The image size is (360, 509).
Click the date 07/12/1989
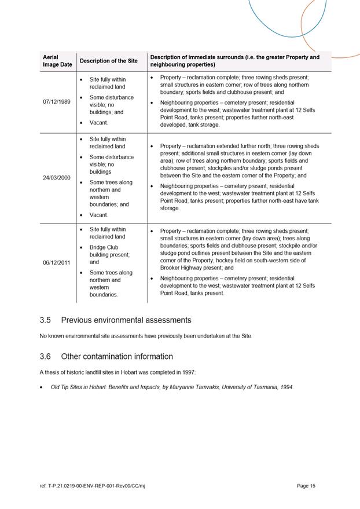click(x=57, y=102)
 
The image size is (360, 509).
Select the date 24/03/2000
click(x=57, y=177)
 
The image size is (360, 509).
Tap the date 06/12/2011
click(x=57, y=262)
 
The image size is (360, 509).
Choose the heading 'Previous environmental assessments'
click(x=126, y=320)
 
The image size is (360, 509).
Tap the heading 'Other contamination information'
click(x=117, y=357)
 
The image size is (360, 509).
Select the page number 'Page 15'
click(x=306, y=486)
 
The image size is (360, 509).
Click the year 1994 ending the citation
click(x=286, y=387)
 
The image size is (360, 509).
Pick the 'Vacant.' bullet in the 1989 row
click(x=99, y=123)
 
